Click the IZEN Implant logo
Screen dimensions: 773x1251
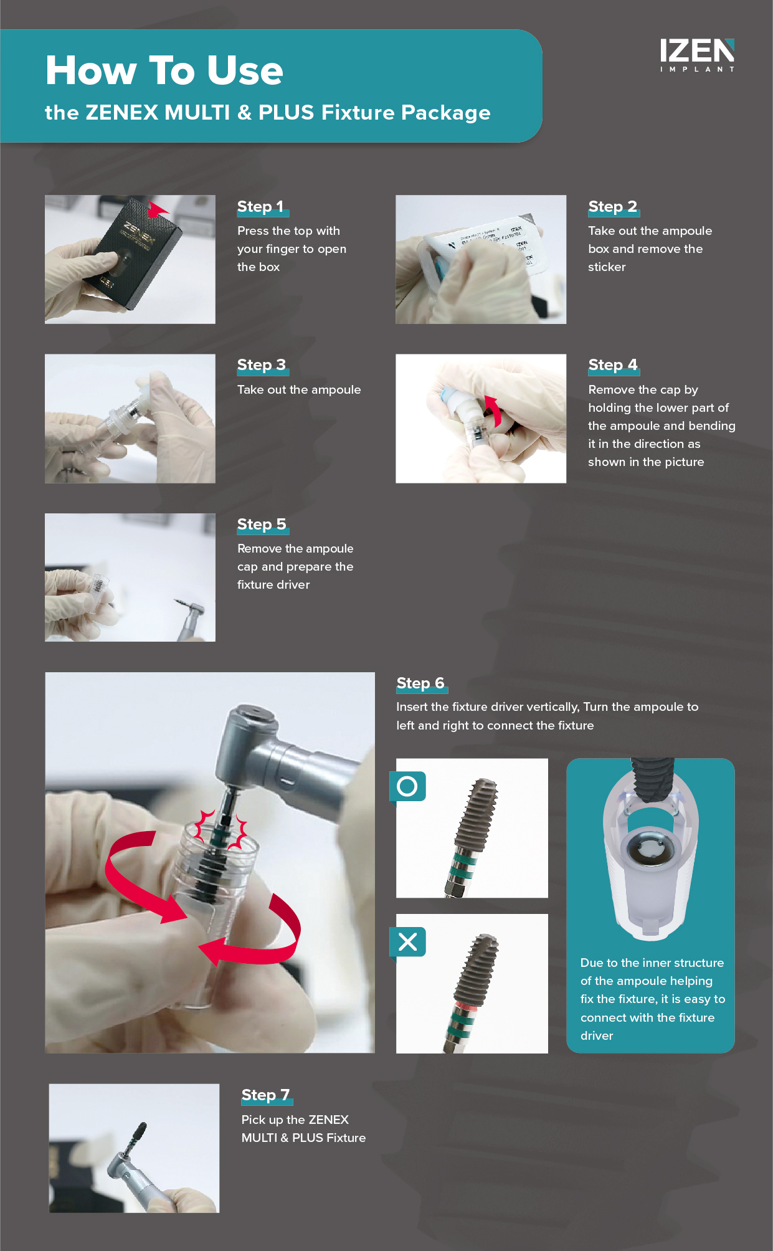697,55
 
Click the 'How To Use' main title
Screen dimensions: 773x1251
164,70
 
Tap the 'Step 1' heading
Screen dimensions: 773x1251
260,206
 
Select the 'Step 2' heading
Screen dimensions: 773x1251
612,206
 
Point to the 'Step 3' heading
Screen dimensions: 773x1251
262,364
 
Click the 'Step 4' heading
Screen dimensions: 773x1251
613,364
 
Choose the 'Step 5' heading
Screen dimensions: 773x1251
262,524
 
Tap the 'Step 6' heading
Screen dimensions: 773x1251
420,683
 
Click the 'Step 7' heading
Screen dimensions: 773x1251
265,1095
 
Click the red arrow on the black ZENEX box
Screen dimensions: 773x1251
158,209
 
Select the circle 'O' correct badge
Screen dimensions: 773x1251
407,786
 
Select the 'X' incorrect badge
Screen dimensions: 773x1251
407,941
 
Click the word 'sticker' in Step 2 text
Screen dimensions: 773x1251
607,267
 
